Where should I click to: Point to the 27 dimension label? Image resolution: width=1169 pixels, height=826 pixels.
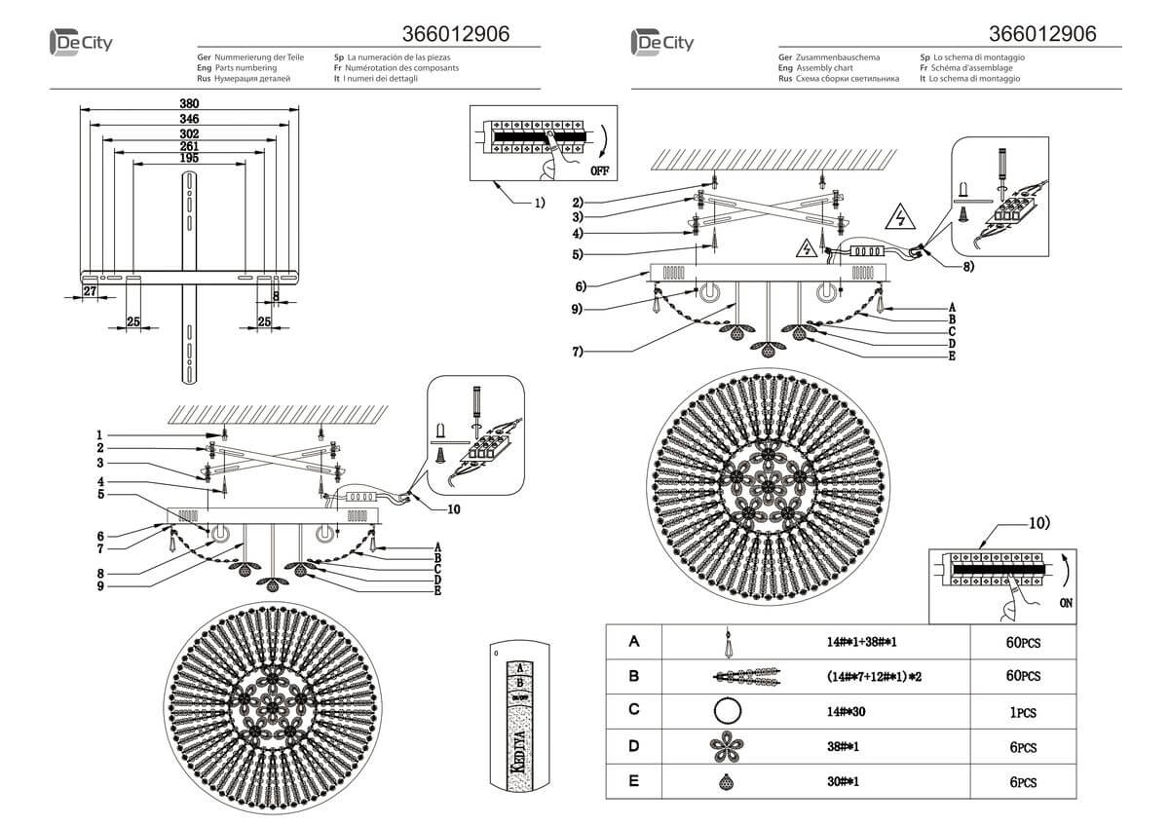tap(89, 291)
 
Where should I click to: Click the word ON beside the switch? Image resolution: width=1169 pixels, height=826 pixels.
tap(1068, 604)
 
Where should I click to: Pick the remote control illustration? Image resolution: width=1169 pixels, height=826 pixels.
tap(519, 718)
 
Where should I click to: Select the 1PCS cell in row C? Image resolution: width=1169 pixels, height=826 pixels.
tap(1023, 712)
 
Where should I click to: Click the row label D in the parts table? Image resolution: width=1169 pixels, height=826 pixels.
tap(633, 746)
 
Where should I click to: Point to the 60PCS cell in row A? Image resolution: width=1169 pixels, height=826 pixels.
tap(1024, 642)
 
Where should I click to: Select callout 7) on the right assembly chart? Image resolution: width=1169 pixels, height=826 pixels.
tap(578, 352)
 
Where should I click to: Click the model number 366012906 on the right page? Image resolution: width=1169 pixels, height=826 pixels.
tap(1041, 33)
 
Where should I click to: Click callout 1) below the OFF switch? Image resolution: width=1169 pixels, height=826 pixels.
tap(538, 203)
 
